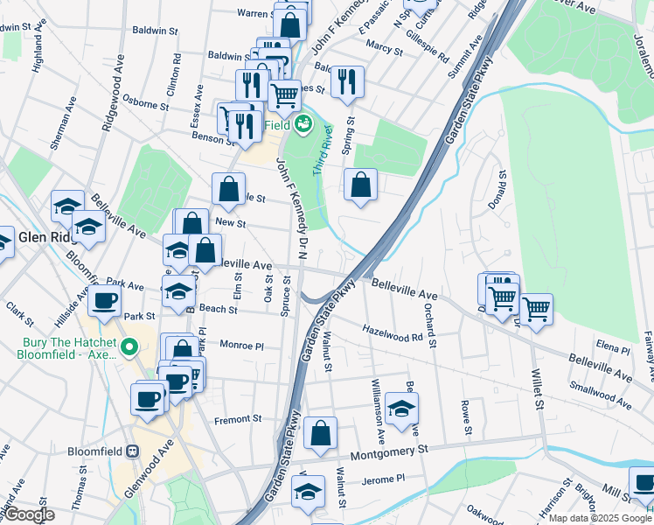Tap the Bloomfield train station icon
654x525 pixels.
tap(132, 451)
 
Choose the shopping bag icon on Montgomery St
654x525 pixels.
tap(321, 434)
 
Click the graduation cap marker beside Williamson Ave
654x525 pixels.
tap(401, 409)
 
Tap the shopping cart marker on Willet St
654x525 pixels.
tap(535, 309)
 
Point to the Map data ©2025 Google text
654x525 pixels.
tap(600, 518)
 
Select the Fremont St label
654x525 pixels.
tap(245, 419)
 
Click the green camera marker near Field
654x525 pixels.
tap(303, 124)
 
